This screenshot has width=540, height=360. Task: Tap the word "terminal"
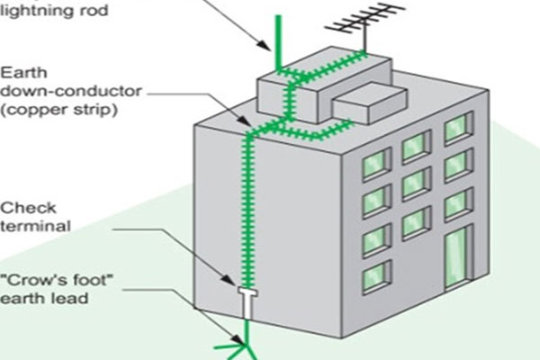pos(34,226)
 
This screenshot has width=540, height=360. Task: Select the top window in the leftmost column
pos(374,164)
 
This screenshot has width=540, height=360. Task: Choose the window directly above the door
pos(458,203)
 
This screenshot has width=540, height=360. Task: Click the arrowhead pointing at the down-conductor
pos(244,122)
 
